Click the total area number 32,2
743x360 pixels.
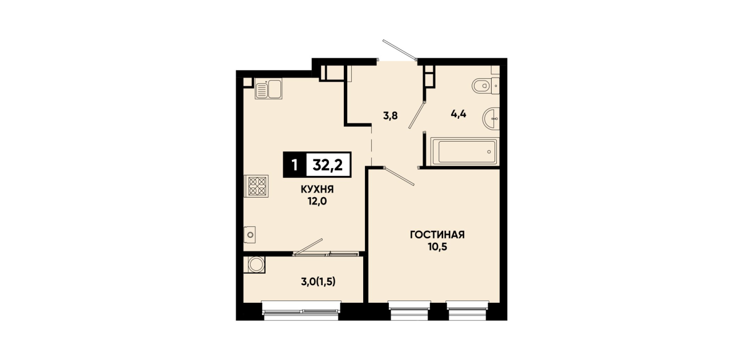(x=327, y=165)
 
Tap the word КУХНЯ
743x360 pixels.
(x=317, y=190)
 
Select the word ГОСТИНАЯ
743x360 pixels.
(x=437, y=235)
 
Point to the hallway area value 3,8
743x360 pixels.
(x=391, y=116)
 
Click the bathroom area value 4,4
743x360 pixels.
(x=459, y=114)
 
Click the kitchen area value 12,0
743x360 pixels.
(x=317, y=201)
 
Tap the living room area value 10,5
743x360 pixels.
(x=437, y=247)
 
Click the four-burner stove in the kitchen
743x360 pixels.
(x=256, y=186)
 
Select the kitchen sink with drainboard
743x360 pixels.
(x=268, y=89)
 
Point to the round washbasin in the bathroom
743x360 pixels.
(x=491, y=118)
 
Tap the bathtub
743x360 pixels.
(x=464, y=151)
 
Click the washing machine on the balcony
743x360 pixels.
(x=254, y=265)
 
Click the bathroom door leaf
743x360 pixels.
(x=416, y=115)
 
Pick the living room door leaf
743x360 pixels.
(x=399, y=176)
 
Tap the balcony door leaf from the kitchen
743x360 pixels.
(x=308, y=247)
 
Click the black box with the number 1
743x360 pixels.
(x=294, y=165)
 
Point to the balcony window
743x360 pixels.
(x=301, y=311)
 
